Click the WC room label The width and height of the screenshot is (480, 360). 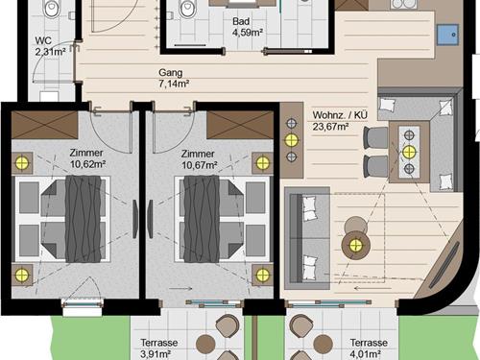pyautogui.click(x=50, y=46)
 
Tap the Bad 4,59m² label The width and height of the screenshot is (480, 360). pyautogui.click(x=248, y=27)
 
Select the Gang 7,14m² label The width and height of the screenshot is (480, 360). pyautogui.click(x=174, y=78)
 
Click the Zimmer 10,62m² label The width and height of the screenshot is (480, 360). pyautogui.click(x=88, y=158)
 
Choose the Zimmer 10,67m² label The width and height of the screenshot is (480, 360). pyautogui.click(x=200, y=159)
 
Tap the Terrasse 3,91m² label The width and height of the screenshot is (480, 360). pyautogui.click(x=159, y=348)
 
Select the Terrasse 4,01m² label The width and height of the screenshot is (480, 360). pyautogui.click(x=369, y=348)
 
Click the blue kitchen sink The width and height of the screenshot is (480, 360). pyautogui.click(x=448, y=35)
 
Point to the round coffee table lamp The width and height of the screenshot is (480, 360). pyautogui.click(x=355, y=246)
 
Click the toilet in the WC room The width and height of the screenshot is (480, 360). pyautogui.click(x=52, y=9)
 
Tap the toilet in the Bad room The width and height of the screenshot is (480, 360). pyautogui.click(x=187, y=9)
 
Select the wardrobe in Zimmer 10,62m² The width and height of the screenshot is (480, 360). pyautogui.click(x=45, y=125)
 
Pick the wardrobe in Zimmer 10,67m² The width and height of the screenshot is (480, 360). pyautogui.click(x=240, y=125)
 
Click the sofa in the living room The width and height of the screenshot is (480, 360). pyautogui.click(x=307, y=238)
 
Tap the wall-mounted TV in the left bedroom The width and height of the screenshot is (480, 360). pyautogui.click(x=135, y=219)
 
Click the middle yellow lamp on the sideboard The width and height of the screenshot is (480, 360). pyautogui.click(x=291, y=140)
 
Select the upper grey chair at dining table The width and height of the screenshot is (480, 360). pyautogui.click(x=376, y=137)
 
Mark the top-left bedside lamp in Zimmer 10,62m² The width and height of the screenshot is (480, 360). pyautogui.click(x=22, y=163)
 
